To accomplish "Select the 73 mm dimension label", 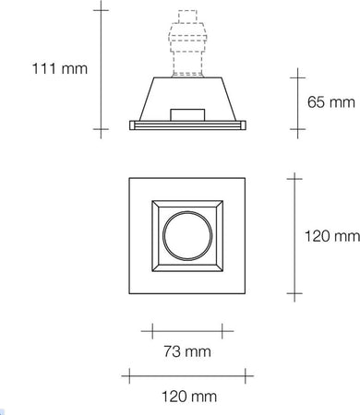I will [x=187, y=351].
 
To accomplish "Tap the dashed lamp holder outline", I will [x=187, y=46].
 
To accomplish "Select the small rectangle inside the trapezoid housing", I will [x=187, y=113].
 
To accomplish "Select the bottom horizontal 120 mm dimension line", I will [x=187, y=374].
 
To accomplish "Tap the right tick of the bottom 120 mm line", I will [x=248, y=374].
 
